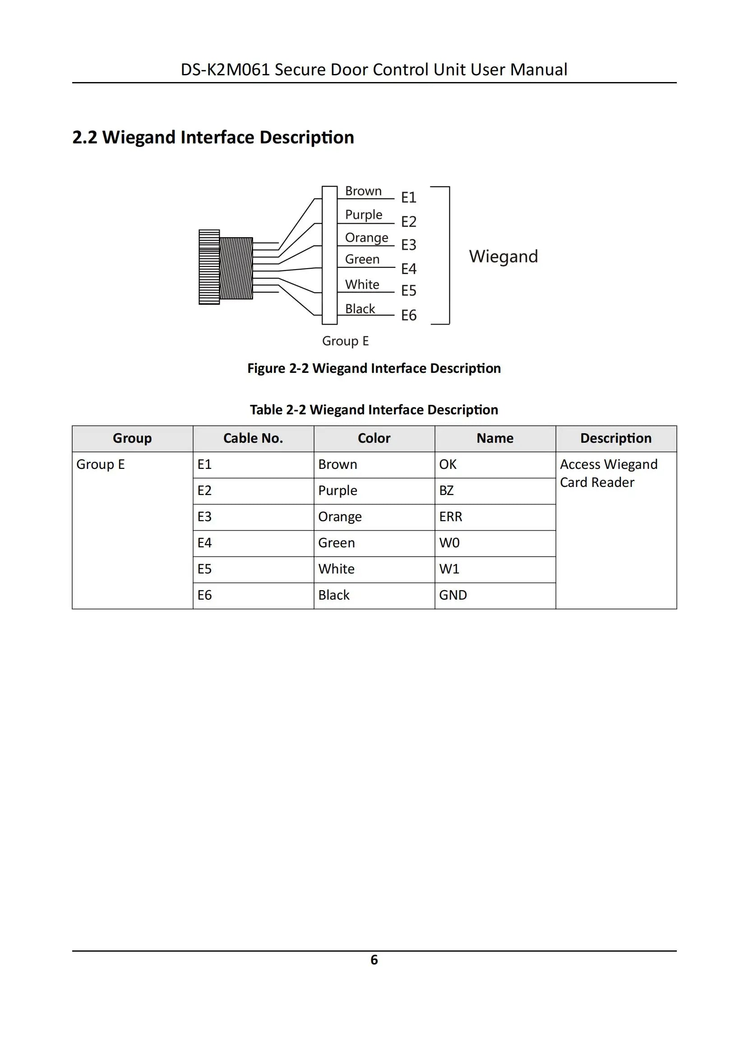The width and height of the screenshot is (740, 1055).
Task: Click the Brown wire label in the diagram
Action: click(363, 191)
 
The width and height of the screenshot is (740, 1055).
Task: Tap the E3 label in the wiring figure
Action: click(408, 244)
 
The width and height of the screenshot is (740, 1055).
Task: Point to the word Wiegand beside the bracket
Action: click(503, 257)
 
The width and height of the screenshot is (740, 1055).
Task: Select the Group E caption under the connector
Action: click(345, 341)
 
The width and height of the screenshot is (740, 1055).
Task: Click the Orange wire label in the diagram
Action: click(366, 238)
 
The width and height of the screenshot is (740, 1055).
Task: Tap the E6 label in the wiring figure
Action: click(408, 315)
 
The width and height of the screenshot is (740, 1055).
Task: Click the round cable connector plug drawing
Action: click(225, 267)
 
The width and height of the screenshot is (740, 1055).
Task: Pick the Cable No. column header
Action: click(253, 438)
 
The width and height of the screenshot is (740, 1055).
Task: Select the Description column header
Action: click(615, 438)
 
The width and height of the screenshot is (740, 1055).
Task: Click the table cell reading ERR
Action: click(450, 517)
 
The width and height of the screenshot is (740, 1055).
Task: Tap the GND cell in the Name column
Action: click(453, 596)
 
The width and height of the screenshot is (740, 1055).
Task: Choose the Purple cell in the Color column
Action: click(338, 491)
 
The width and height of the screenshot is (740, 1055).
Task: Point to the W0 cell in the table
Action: click(449, 543)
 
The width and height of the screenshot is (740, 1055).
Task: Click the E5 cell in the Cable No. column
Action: click(205, 569)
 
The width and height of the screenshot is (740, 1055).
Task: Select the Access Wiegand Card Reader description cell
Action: click(608, 473)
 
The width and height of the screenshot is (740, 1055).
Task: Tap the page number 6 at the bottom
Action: click(374, 960)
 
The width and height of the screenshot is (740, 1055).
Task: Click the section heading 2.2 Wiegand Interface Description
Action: click(213, 138)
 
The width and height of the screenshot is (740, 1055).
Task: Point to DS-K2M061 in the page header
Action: click(225, 69)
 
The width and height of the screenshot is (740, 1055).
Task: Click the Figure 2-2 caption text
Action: click(374, 368)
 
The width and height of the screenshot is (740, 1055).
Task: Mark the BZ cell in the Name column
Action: click(446, 491)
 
